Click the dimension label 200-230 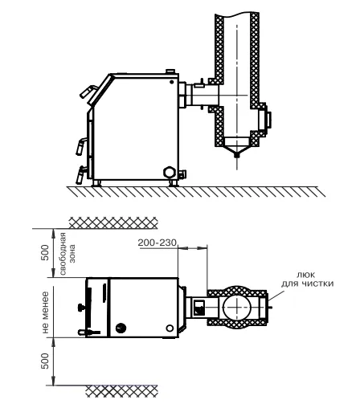pos(157,243)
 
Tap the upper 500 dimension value pos(45,252)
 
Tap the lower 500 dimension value pos(45,361)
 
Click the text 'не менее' pos(45,312)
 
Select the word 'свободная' pos(63,254)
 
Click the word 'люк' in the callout pos(305,275)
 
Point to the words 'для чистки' pos(307,284)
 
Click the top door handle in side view pos(88,92)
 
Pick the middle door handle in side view pos(81,146)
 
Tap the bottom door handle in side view pos(81,174)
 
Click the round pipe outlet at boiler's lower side pos(170,172)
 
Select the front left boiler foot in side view pos(96,183)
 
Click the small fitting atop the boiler pos(170,71)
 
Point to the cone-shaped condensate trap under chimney pos(236,147)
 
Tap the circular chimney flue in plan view pos(237,307)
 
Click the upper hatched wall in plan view pos(113,223)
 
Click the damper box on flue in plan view pos(199,308)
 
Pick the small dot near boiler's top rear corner pos(172,82)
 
